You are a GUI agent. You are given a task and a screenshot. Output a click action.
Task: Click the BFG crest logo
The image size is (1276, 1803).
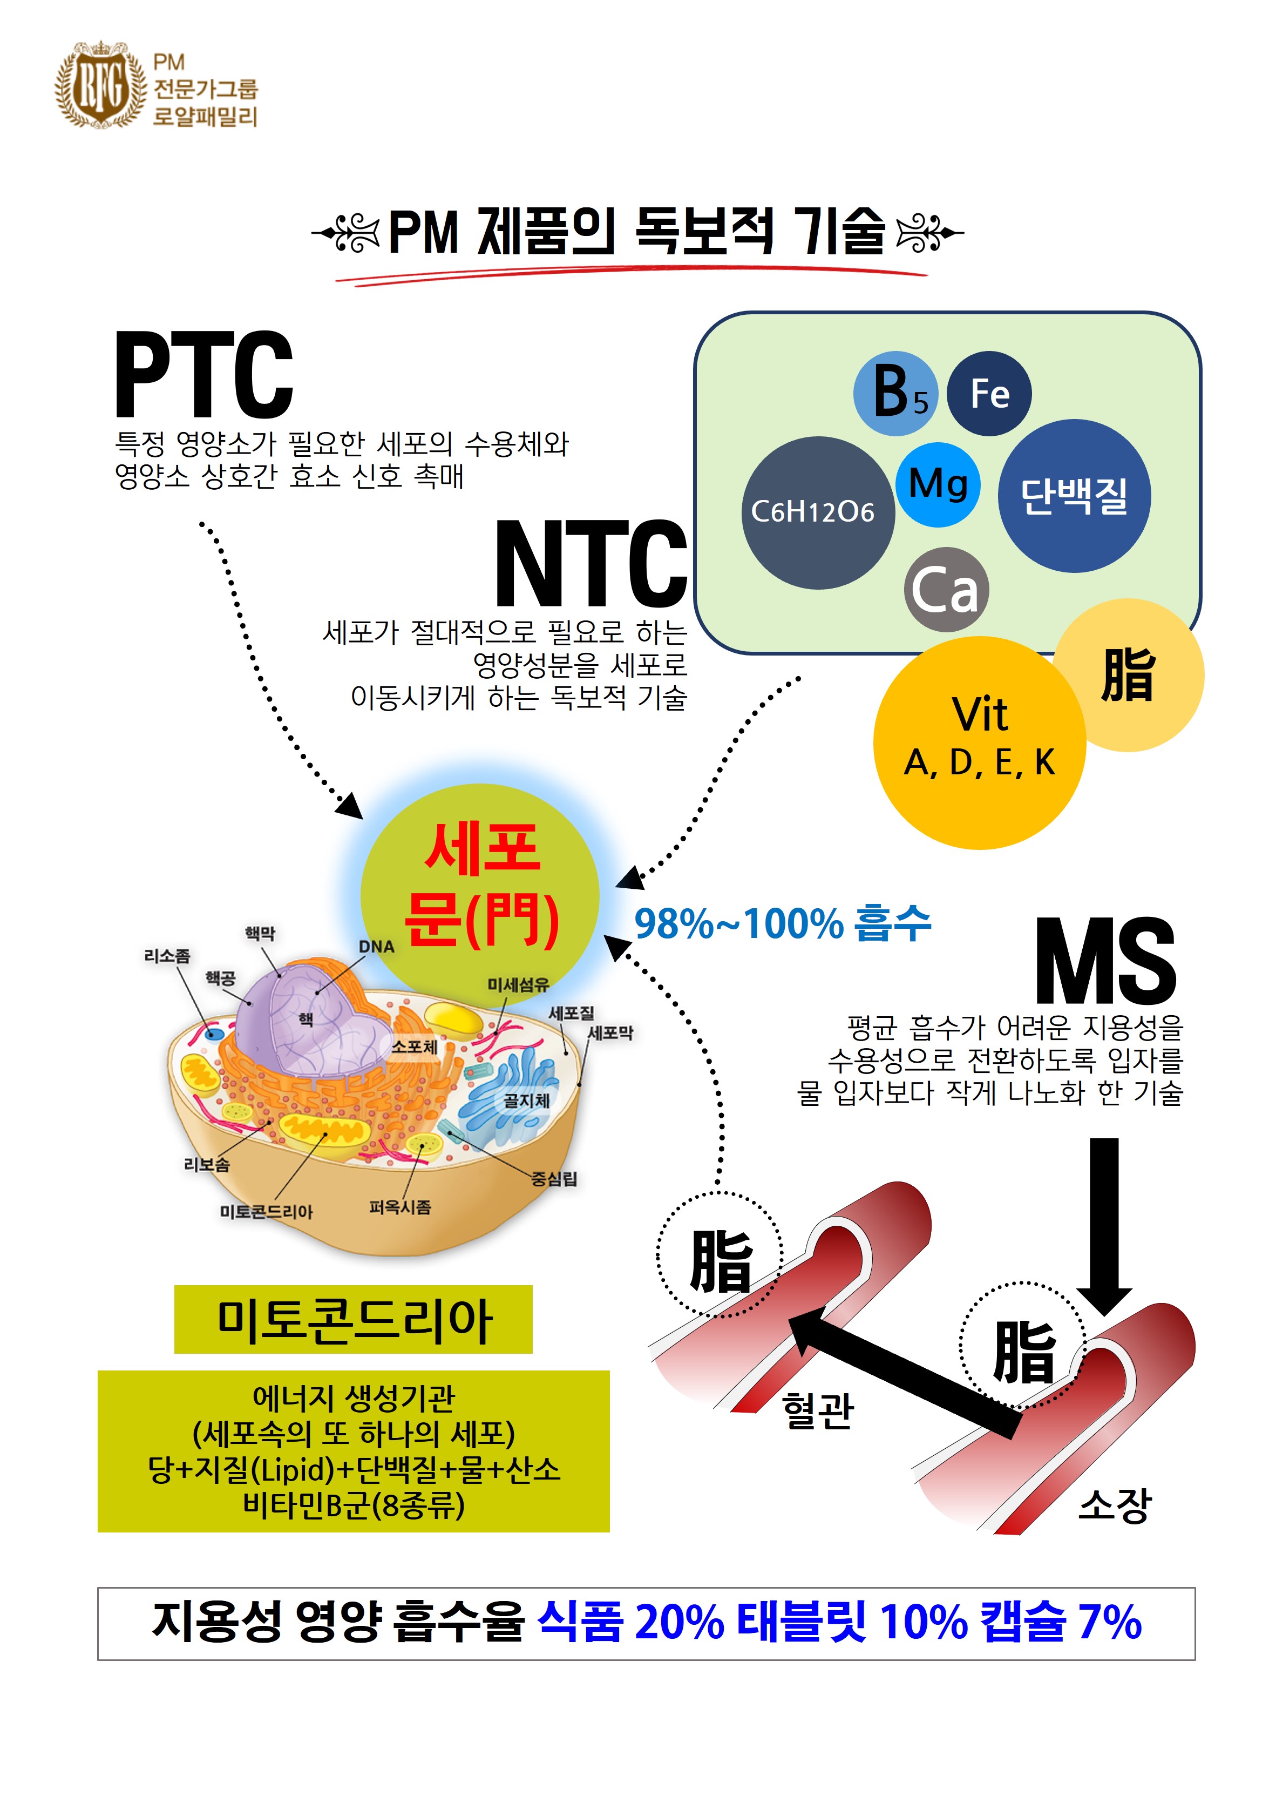(x=100, y=85)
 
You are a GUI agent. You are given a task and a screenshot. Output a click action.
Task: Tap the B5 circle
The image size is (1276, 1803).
(x=895, y=393)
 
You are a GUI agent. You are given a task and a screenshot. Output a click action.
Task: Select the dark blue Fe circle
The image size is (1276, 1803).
(x=988, y=393)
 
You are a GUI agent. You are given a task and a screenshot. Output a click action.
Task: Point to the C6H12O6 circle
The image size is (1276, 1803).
(x=817, y=512)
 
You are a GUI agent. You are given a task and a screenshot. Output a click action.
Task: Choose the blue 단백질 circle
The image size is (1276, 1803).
(x=1074, y=496)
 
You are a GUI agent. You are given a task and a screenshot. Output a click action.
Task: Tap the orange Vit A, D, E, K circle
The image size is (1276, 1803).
(x=980, y=742)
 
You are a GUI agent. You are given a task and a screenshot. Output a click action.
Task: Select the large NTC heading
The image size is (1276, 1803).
(x=591, y=564)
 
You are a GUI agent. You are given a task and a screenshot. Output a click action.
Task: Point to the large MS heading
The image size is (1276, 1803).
(x=1105, y=962)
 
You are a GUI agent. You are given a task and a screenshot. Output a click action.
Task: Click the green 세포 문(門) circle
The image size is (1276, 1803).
(x=480, y=896)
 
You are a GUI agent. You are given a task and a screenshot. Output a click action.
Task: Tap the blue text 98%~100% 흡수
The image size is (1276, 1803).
(x=782, y=923)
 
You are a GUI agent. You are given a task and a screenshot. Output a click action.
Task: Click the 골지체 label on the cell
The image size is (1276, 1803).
(x=526, y=1100)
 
